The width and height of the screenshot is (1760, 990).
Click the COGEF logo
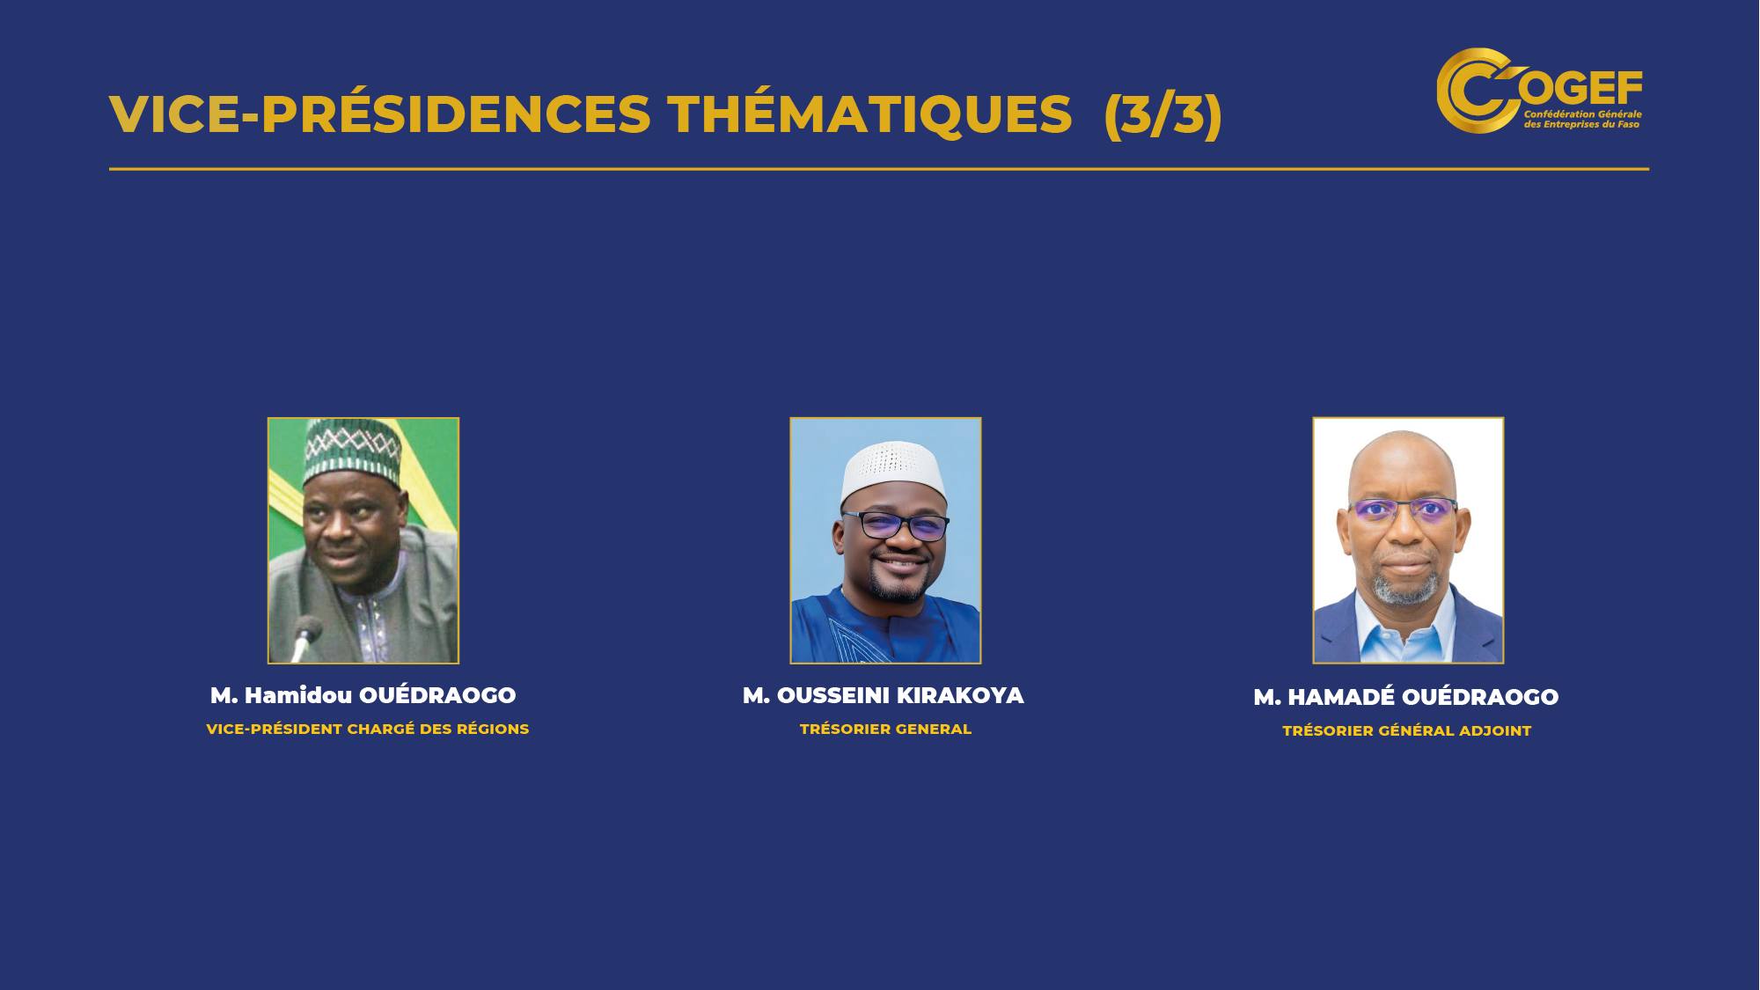click(x=1539, y=90)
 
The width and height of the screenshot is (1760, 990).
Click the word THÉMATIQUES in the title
click(x=869, y=114)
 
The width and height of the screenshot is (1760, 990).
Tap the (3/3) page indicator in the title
click(x=1162, y=114)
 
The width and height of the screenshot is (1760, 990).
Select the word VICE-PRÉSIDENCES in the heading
click(x=380, y=114)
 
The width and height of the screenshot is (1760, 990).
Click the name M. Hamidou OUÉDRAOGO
click(x=363, y=695)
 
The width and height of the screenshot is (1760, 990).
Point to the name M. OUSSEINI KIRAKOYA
click(x=884, y=695)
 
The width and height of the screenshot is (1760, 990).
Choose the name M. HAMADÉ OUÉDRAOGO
click(x=1406, y=697)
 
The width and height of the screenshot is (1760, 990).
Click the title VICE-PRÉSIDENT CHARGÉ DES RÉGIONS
click(x=368, y=729)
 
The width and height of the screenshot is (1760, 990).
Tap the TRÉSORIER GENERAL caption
click(x=885, y=729)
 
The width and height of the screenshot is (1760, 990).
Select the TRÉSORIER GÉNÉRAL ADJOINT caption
click(x=1407, y=730)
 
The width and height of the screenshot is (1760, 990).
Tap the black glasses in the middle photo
click(x=895, y=525)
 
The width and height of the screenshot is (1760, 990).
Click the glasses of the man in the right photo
click(x=1403, y=510)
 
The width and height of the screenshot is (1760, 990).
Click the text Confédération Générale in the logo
click(x=1582, y=114)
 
